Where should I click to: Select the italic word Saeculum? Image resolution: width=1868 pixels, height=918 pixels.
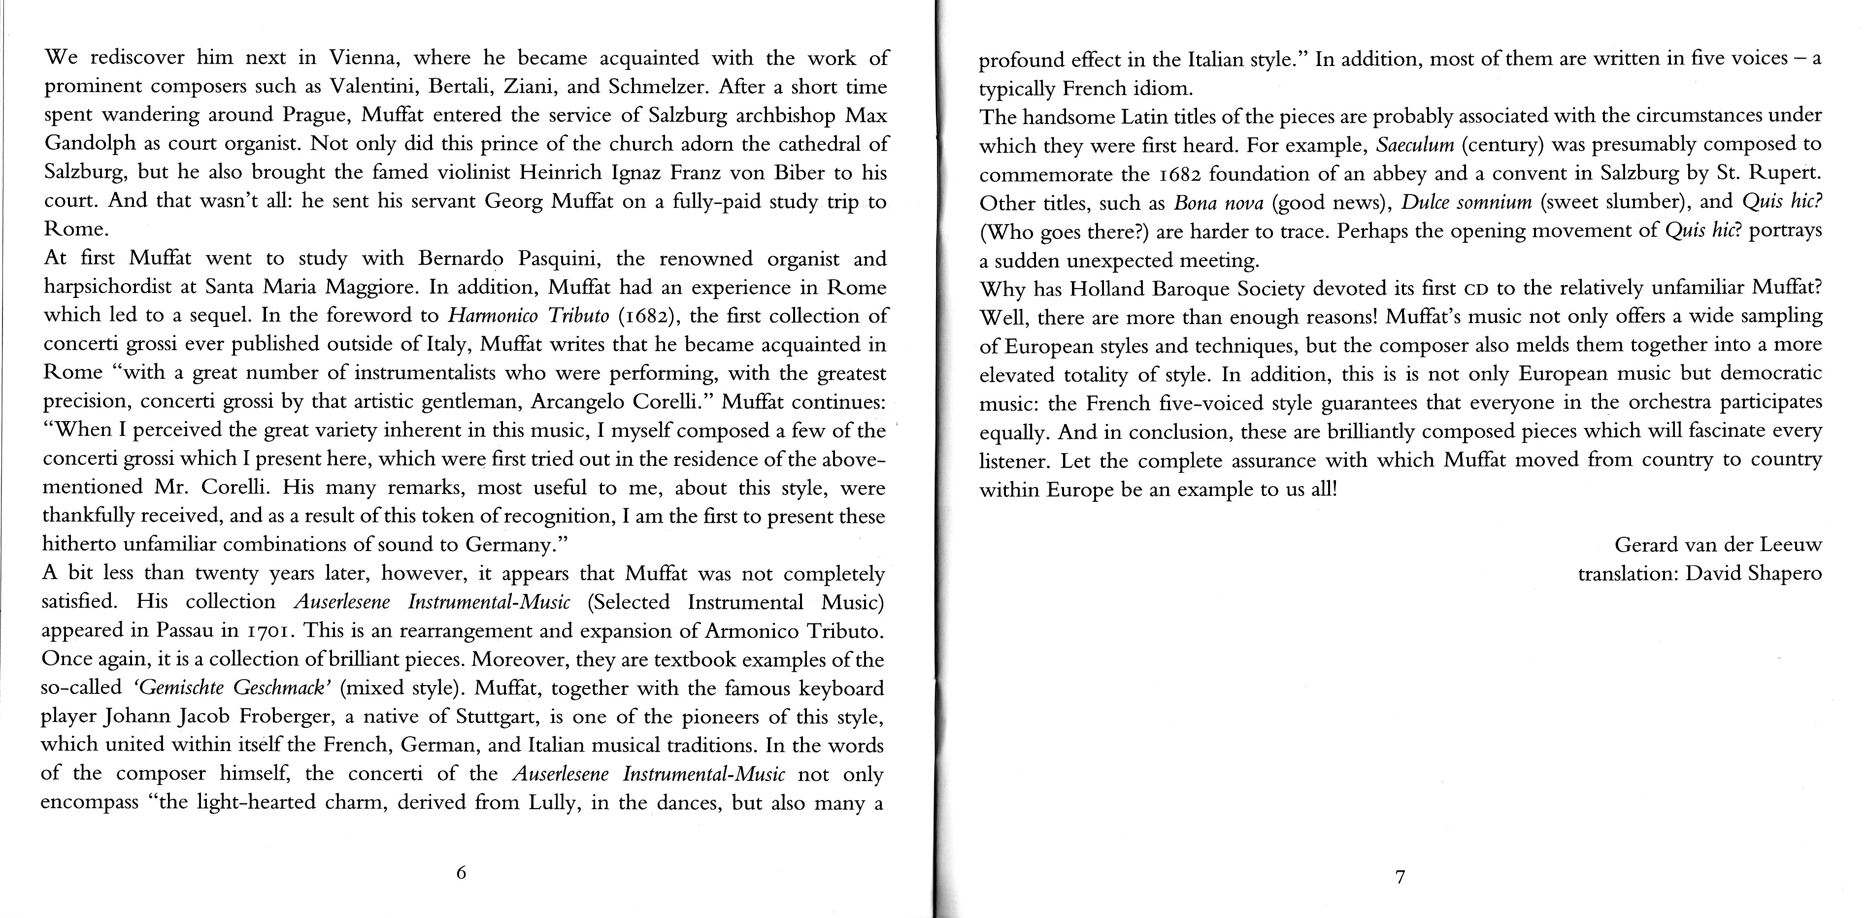point(1415,145)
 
